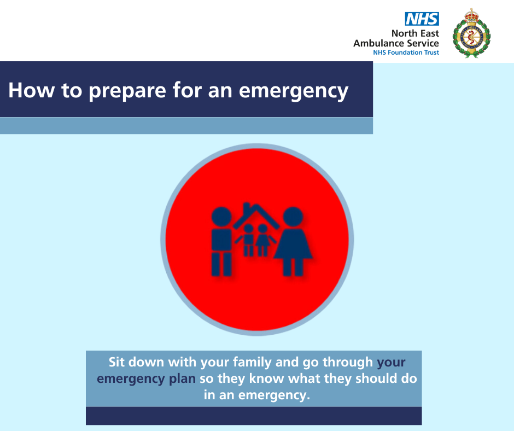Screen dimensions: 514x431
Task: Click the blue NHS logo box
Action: [422, 19]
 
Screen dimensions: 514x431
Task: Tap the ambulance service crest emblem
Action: [471, 33]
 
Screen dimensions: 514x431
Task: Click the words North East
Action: [415, 33]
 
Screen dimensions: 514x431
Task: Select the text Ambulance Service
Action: [396, 43]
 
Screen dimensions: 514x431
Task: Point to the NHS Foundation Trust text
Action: [406, 53]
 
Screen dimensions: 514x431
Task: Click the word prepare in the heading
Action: [127, 91]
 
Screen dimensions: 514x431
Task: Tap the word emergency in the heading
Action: [294, 91]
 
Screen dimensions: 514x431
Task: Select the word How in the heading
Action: [32, 90]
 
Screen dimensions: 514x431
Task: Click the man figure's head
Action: [221, 217]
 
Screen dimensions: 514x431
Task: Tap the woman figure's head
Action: [293, 217]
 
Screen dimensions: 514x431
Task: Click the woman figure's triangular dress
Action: [293, 244]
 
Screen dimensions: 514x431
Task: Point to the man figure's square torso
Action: [221, 240]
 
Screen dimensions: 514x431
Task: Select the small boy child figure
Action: [248, 240]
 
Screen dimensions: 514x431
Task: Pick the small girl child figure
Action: [263, 240]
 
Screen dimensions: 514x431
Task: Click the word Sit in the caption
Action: [116, 362]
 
